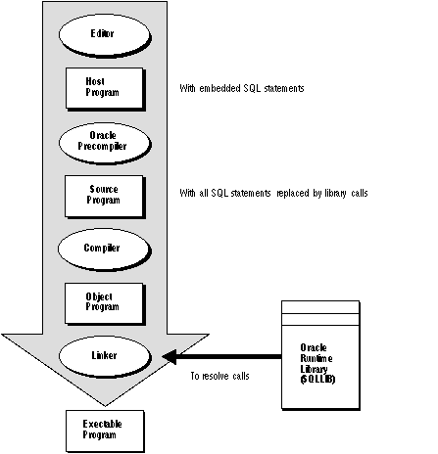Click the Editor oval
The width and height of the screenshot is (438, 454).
(102, 34)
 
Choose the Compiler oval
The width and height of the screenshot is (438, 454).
(102, 248)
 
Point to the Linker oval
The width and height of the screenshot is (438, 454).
(102, 355)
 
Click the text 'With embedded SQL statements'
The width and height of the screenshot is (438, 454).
(242, 88)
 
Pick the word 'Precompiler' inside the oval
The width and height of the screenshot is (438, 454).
(102, 146)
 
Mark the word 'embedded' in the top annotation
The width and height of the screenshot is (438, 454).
(223, 88)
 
